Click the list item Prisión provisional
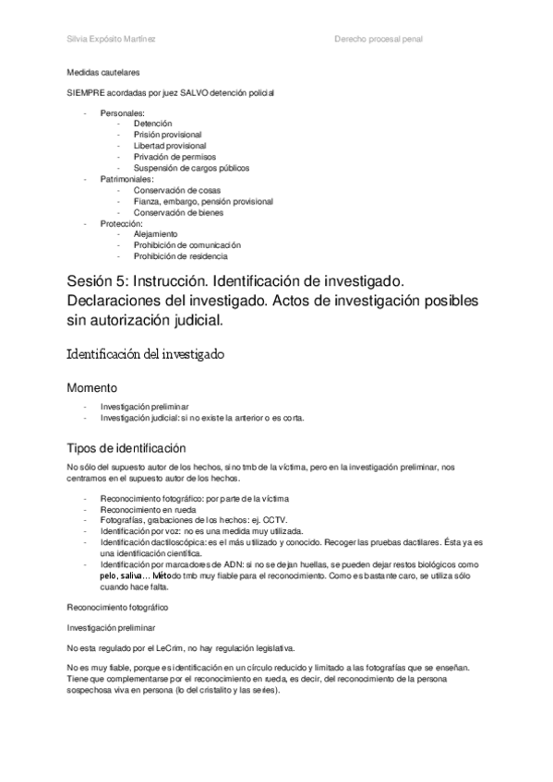click(x=167, y=135)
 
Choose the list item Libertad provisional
click(x=169, y=146)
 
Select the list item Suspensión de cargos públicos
click(x=191, y=168)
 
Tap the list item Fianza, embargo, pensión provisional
click(x=202, y=201)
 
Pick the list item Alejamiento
click(x=155, y=234)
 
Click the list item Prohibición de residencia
click(x=180, y=256)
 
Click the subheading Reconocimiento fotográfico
click(x=117, y=606)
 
